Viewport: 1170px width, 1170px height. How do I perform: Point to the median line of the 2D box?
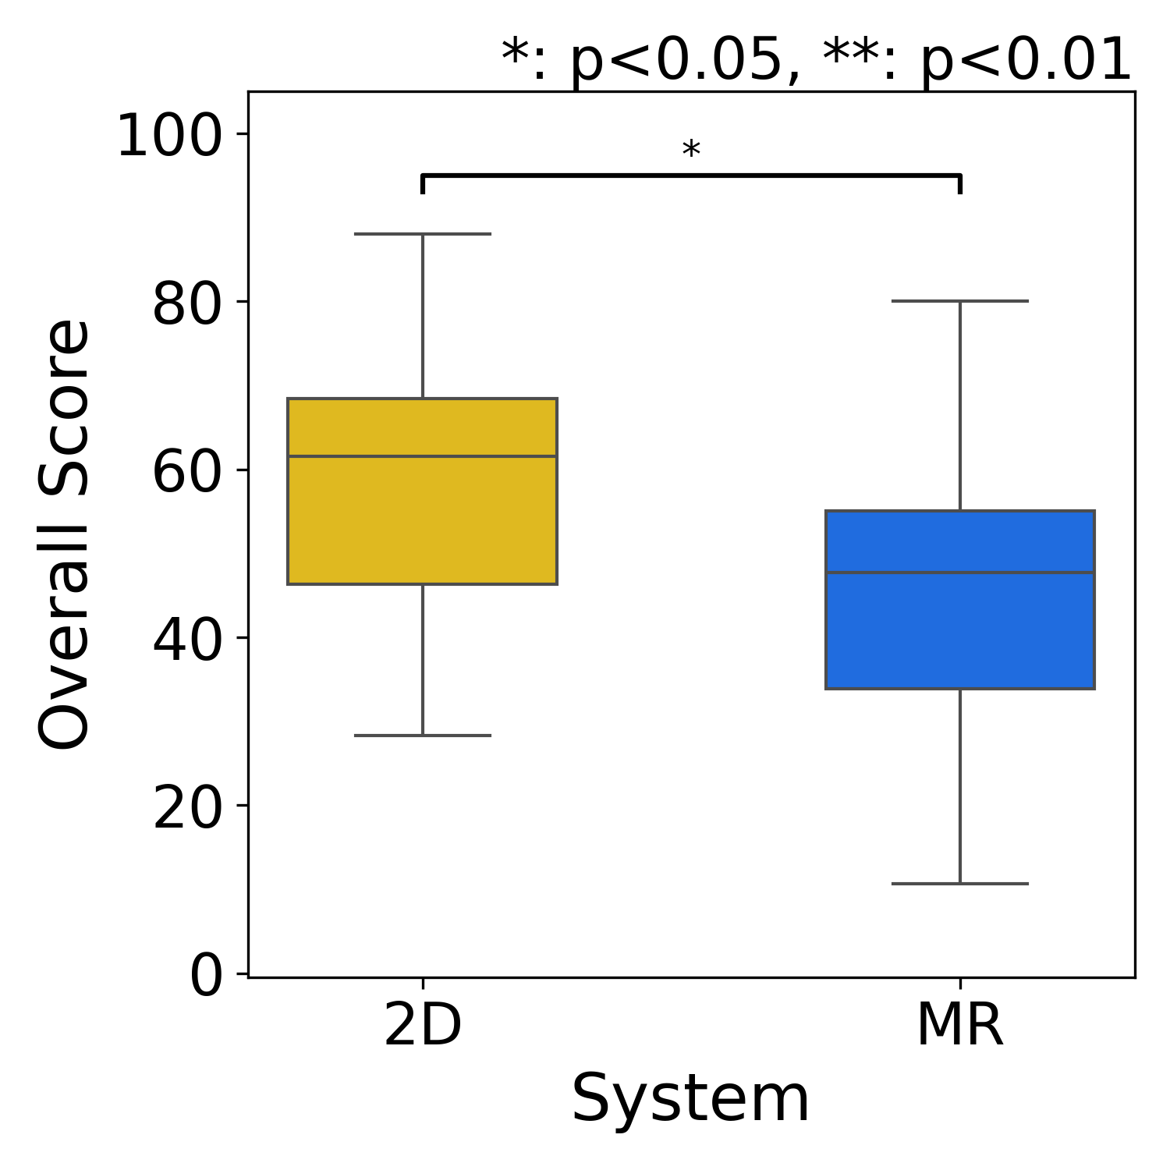tap(422, 456)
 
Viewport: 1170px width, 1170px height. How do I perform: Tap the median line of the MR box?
tap(959, 573)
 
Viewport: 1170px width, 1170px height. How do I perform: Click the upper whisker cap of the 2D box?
tap(422, 234)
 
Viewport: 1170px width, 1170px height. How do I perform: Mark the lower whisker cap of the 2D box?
tap(422, 736)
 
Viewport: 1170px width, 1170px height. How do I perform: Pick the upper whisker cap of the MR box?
tap(959, 301)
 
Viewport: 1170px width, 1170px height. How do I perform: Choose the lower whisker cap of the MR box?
tap(959, 884)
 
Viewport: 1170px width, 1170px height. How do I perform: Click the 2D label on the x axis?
tap(423, 1025)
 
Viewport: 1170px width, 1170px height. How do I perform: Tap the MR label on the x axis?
tap(959, 1025)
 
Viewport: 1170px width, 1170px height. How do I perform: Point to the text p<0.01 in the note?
tap(1026, 61)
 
